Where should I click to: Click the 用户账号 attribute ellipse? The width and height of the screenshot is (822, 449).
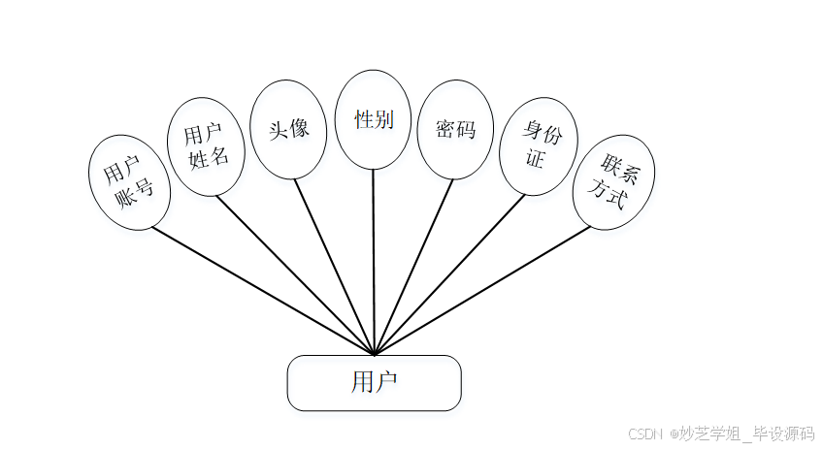tap(129, 182)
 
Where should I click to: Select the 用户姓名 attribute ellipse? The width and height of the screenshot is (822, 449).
tap(207, 144)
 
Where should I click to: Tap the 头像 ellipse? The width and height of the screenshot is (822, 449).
tap(287, 128)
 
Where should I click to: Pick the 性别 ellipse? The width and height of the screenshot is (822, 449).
tap(373, 119)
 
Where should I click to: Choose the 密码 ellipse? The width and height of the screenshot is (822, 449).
tap(455, 129)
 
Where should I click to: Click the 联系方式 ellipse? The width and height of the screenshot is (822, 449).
tap(613, 182)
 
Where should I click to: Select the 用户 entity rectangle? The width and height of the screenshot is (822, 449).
tap(374, 382)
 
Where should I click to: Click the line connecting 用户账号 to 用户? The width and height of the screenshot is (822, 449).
tap(262, 290)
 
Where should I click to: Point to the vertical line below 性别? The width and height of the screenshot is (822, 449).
tap(374, 262)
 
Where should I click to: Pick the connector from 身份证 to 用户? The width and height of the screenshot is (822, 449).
tap(449, 274)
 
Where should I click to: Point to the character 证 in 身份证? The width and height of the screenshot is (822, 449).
tap(535, 158)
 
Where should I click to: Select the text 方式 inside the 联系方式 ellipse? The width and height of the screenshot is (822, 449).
tap(609, 195)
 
